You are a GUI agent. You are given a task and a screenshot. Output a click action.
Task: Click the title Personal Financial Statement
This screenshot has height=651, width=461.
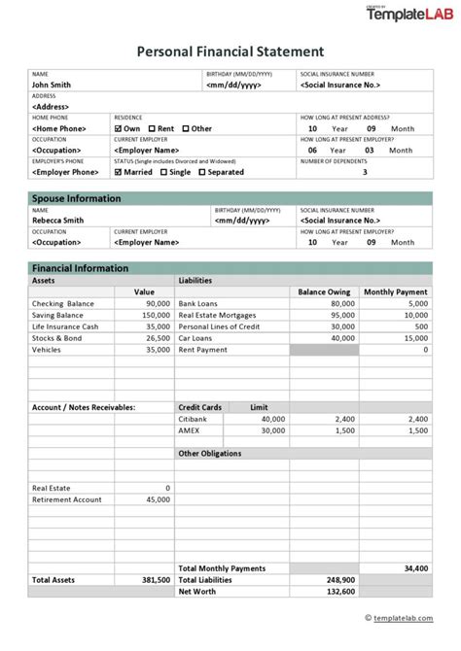pos(230,51)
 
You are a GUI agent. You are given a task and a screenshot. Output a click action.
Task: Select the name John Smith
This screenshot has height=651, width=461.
pos(52,85)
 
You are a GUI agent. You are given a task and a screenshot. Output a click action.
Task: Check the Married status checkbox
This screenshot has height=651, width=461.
pos(119,172)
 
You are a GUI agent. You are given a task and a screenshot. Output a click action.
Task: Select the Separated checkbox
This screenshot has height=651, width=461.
pos(202,172)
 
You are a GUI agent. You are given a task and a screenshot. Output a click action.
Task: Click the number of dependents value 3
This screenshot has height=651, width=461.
pos(365,172)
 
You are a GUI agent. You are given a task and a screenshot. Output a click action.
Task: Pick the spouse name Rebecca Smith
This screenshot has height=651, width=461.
pos(57,221)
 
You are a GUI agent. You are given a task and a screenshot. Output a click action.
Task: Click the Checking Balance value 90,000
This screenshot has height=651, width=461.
pos(156,303)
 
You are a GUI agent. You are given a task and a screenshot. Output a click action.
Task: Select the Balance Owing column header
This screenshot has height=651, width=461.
pos(324,291)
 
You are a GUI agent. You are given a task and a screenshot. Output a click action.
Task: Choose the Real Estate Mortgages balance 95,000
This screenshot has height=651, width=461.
pos(341,315)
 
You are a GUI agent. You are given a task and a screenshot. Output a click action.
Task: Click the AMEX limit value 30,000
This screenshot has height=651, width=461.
pos(271,430)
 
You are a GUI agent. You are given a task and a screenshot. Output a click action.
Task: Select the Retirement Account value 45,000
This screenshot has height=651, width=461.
pos(157,499)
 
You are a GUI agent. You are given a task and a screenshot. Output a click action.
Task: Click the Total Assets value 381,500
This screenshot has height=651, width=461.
pos(155,579)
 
